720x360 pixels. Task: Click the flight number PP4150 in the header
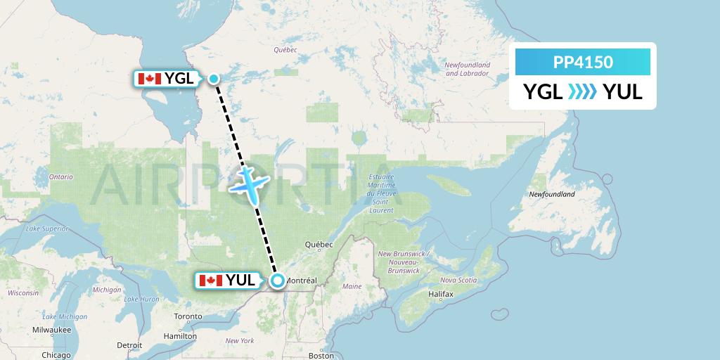[583, 62]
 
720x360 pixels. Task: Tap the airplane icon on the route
[249, 181]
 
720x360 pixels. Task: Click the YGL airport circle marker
[214, 79]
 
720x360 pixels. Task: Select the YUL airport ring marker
[278, 281]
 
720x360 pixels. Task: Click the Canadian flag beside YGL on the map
[149, 79]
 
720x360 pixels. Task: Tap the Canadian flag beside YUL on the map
[211, 281]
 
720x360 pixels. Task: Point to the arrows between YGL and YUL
[583, 92]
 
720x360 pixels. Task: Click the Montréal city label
[302, 281]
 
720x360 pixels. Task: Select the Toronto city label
[188, 316]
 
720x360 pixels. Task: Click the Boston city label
[321, 356]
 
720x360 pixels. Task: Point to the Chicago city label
[56, 355]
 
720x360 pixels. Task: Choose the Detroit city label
[129, 345]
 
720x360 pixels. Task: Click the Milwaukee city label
[51, 329]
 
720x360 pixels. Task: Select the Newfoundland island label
[552, 194]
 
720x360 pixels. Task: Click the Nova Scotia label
[458, 280]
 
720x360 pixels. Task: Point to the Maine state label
[352, 287]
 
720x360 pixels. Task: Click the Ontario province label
[60, 177]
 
